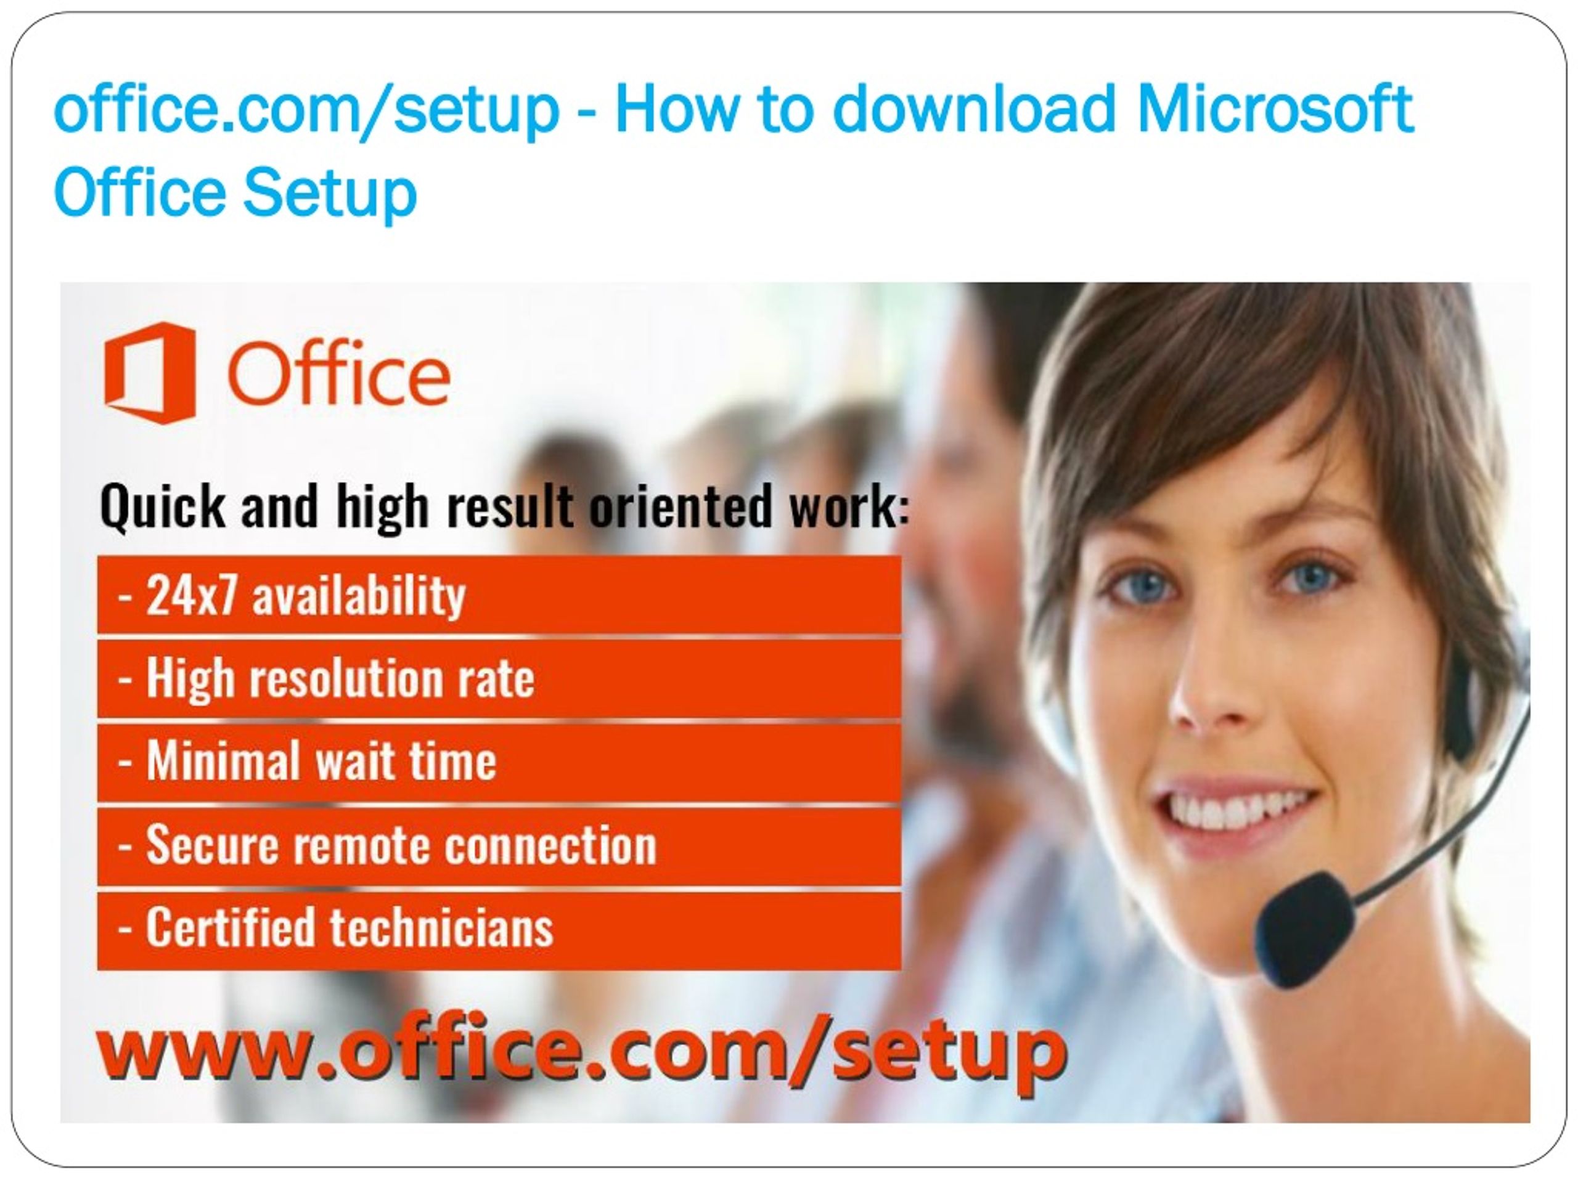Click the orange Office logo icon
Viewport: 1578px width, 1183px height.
coord(150,373)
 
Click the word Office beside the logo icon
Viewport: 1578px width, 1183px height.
coord(338,373)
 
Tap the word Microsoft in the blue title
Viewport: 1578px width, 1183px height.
coord(1274,109)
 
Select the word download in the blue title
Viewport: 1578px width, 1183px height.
coord(974,109)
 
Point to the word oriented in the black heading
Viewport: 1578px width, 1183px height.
coord(681,506)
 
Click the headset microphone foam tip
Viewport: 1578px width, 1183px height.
coord(1305,930)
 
